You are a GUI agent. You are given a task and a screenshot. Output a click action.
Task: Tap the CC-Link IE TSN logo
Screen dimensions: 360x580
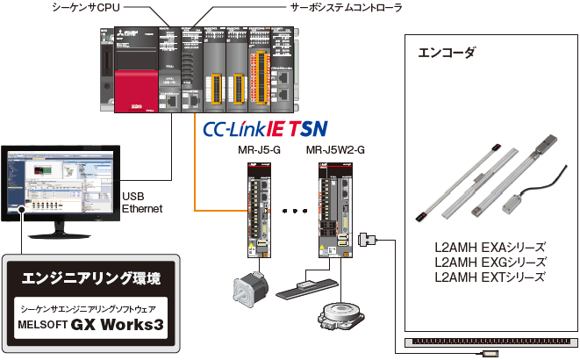tap(264, 129)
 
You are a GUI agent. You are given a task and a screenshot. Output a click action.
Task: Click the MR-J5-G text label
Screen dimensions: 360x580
tap(259, 150)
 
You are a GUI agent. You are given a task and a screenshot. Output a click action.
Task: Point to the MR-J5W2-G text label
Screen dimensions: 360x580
tap(335, 150)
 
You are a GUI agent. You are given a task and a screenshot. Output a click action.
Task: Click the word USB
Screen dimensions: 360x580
tap(133, 196)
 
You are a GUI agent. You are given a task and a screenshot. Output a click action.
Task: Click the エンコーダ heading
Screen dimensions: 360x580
tap(448, 53)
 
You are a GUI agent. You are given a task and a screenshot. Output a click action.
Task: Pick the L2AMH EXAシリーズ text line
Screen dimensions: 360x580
tap(490, 247)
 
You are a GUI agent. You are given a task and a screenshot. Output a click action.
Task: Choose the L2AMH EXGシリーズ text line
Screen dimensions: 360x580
tap(490, 262)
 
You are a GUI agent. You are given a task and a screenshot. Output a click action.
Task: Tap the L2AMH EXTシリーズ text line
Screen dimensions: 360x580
tap(490, 277)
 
